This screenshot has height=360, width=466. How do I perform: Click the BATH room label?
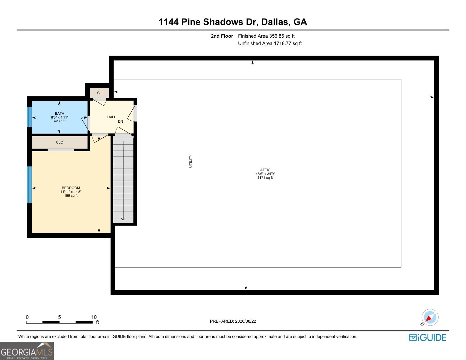pyautogui.click(x=59, y=114)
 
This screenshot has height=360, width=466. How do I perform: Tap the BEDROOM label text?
pyautogui.click(x=71, y=188)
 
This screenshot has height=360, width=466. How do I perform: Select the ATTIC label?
pyautogui.click(x=265, y=170)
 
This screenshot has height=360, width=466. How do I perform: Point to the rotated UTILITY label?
pyautogui.click(x=190, y=161)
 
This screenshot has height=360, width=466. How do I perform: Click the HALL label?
pyautogui.click(x=111, y=117)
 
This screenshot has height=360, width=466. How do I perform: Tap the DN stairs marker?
pyautogui.click(x=120, y=121)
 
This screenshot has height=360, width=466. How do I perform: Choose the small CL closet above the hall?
pyautogui.click(x=99, y=93)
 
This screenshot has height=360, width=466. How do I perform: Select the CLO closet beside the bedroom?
pyautogui.click(x=60, y=142)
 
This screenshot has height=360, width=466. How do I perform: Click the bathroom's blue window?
pyautogui.click(x=29, y=117)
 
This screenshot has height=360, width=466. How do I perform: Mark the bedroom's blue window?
pyautogui.click(x=29, y=184)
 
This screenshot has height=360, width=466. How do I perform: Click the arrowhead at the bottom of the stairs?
pyautogui.click(x=123, y=219)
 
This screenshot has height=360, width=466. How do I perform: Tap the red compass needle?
pyautogui.click(x=428, y=318)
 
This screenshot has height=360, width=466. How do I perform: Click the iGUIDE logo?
pyautogui.click(x=427, y=337)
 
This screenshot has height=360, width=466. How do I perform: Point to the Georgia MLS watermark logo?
pyautogui.click(x=27, y=351)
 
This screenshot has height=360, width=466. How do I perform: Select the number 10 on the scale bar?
pyautogui.click(x=94, y=317)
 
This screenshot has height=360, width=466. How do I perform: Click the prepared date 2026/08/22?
pyautogui.click(x=245, y=321)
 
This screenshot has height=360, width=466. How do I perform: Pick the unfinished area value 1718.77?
pyautogui.click(x=282, y=43)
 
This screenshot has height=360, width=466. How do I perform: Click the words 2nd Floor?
pyautogui.click(x=222, y=36)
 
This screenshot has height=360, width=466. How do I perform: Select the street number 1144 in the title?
pyautogui.click(x=168, y=22)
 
